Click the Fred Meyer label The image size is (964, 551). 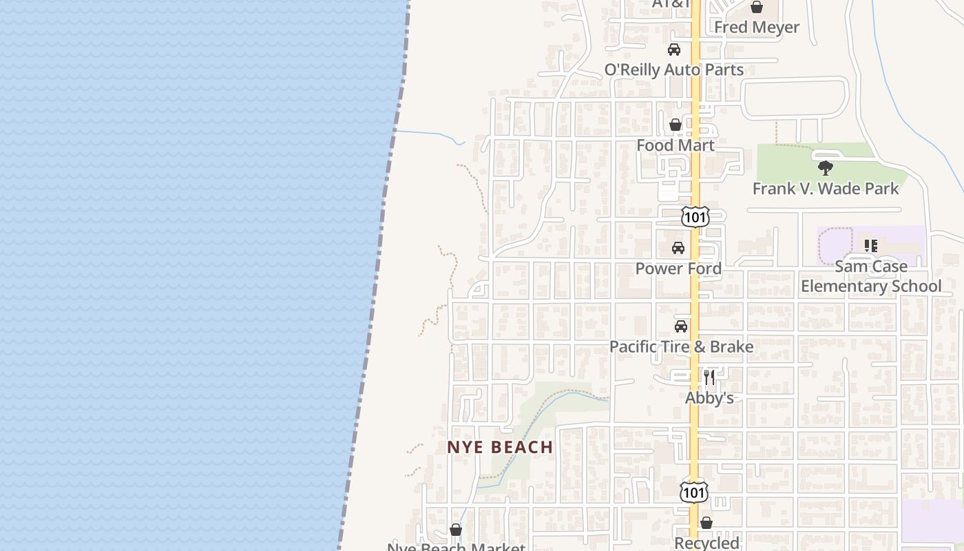756,28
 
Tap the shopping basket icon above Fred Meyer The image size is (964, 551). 756,8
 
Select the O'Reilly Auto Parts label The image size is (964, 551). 673,70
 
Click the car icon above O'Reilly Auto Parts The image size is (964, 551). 673,50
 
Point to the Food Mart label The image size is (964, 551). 675,145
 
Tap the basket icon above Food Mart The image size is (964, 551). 675,125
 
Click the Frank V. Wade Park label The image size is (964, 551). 825,188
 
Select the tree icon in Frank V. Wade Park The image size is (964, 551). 825,168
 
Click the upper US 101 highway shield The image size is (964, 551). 695,217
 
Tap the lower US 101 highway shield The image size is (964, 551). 693,491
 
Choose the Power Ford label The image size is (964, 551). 678,269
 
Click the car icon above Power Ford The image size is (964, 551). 678,248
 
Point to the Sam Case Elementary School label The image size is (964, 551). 870,276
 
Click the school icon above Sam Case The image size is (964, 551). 871,246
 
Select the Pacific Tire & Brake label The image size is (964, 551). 681,346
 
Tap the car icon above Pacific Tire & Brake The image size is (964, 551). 681,326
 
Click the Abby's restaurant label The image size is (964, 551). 709,398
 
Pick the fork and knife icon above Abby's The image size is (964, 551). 709,377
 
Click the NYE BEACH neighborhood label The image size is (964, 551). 500,447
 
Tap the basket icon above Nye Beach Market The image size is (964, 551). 456,530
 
